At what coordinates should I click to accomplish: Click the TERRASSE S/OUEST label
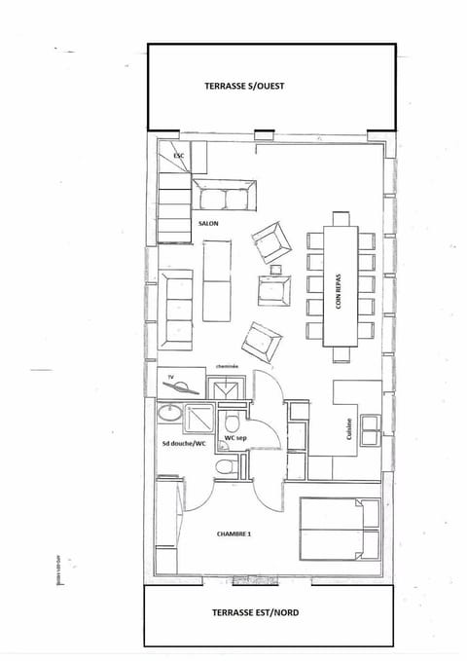click(x=244, y=86)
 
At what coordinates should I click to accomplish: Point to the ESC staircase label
click(x=178, y=156)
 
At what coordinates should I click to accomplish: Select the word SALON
click(x=208, y=223)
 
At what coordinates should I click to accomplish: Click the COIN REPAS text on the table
click(x=339, y=290)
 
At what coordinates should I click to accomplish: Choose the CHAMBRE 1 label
click(x=236, y=533)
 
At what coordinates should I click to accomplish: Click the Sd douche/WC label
click(x=185, y=444)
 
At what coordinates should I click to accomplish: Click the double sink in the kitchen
click(x=370, y=424)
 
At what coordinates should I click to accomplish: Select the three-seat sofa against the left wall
click(x=177, y=310)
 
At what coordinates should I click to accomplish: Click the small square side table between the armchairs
click(x=275, y=270)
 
